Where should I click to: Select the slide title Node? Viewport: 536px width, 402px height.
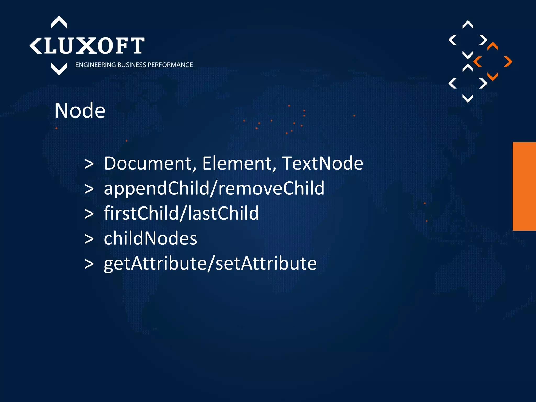point(80,110)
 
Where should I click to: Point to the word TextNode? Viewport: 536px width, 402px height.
point(322,163)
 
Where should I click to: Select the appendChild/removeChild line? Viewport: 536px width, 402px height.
point(214,188)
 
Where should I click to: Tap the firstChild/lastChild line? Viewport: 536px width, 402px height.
point(181,213)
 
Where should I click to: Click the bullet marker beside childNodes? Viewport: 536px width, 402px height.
point(89,239)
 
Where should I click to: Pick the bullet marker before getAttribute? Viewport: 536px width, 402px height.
point(89,264)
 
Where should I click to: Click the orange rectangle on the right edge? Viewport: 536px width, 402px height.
point(524,186)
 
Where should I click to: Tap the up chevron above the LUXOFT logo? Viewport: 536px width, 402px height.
point(59,22)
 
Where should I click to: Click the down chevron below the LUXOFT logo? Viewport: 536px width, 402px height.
point(59,69)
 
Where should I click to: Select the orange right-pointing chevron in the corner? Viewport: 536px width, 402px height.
point(508,62)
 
